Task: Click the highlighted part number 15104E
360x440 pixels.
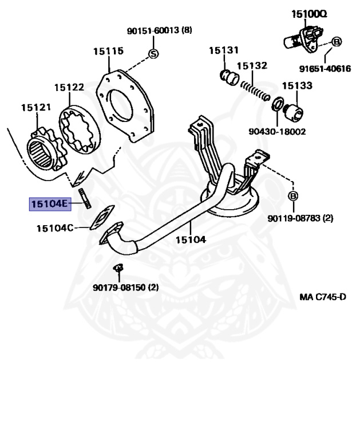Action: click(50, 203)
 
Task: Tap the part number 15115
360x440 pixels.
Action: click(108, 51)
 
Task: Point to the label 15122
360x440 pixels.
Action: click(69, 87)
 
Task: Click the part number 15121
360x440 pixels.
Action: click(36, 107)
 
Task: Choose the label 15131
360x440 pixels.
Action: click(223, 50)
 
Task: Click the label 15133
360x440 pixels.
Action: click(296, 86)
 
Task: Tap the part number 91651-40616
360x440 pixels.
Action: click(325, 69)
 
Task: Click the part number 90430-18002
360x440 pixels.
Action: click(277, 131)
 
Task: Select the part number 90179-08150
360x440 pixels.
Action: click(126, 287)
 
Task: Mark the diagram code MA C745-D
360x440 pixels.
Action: click(323, 297)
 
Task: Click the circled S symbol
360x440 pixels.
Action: click(153, 54)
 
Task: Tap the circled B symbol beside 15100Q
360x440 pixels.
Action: click(337, 42)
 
